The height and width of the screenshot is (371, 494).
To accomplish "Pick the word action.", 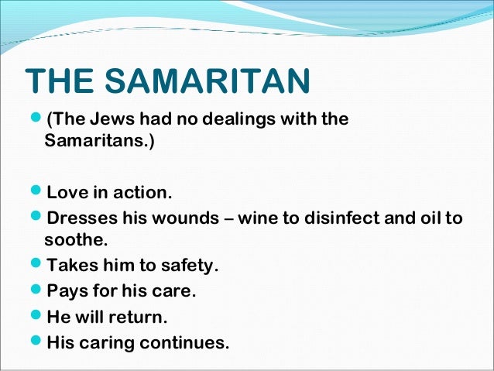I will pos(142,191).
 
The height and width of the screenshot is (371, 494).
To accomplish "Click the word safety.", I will pos(190,266).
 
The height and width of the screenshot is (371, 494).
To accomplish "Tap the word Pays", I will pos(67,291).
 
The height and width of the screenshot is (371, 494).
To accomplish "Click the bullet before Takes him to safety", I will pos(37,266).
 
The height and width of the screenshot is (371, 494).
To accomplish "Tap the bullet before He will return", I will pos(37,317).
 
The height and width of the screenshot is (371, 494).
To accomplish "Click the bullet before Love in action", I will pos(37,191).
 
